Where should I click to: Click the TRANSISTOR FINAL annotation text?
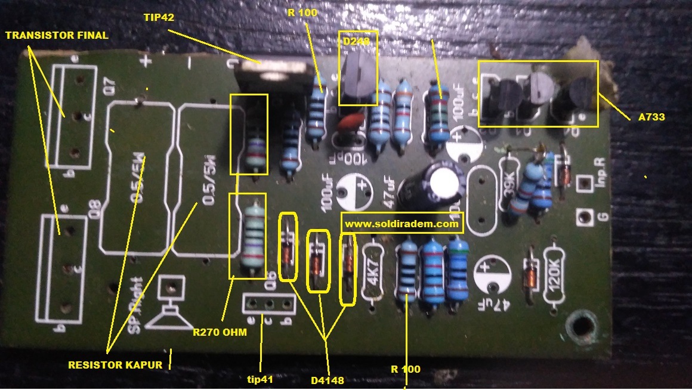(57, 35)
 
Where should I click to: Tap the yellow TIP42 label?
(159, 18)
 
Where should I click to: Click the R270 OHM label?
(220, 332)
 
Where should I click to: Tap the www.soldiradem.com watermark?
(402, 225)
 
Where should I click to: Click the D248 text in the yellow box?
(357, 42)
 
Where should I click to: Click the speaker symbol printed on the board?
(170, 304)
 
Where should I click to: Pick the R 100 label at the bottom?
(406, 369)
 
